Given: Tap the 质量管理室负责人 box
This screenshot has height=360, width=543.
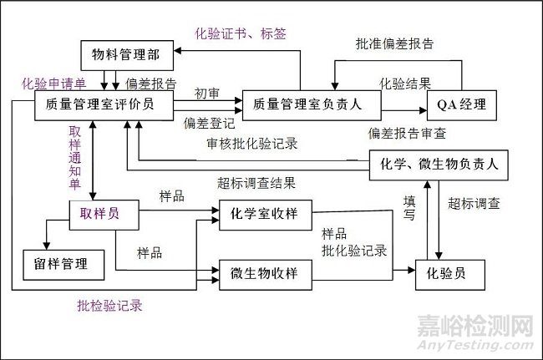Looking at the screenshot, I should pos(311,104).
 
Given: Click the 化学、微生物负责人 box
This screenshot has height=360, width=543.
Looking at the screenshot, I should pos(438,165).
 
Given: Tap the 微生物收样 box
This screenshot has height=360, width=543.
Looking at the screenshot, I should pos(265,272).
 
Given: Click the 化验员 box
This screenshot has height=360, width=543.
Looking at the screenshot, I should pos(451,273).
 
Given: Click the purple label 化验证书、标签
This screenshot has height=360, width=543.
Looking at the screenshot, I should pos(241,33).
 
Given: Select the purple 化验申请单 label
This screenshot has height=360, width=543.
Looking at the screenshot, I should pos(53,84).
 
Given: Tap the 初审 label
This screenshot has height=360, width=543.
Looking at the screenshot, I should pos(207,92).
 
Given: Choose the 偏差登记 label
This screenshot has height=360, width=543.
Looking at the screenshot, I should pos(211,122).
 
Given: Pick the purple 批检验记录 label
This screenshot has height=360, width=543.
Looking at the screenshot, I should pos(109,306).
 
